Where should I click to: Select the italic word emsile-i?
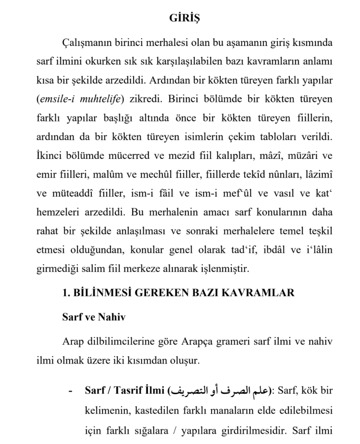pyautogui.click(x=55, y=98)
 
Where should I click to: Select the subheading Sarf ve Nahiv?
pyautogui.click(x=94, y=317)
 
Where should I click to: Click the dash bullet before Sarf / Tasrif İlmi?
pyautogui.click(x=71, y=392)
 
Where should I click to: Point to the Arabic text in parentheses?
pyautogui.click(x=219, y=392)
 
